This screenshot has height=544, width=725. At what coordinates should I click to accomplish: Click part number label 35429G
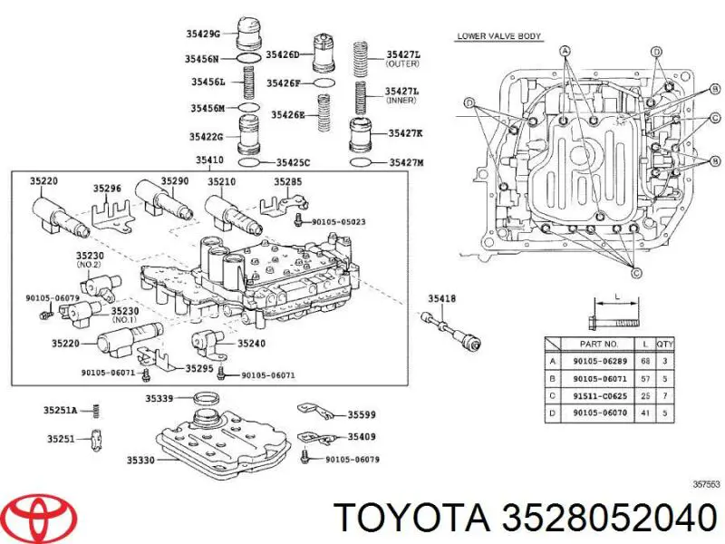point(204,34)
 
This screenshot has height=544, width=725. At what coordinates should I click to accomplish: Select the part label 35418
point(441,298)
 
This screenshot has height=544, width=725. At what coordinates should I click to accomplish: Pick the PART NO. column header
point(598,345)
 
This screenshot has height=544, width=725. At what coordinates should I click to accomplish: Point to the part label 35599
point(359,415)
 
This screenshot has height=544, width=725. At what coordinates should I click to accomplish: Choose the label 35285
point(289,181)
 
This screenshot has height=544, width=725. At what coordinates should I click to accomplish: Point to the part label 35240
point(252,344)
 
